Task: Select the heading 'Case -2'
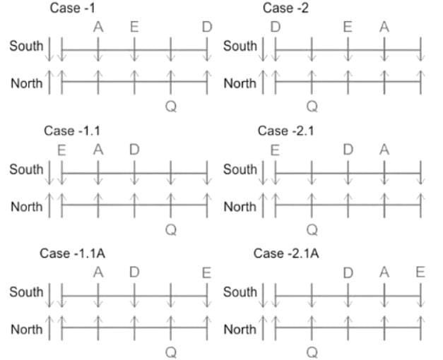point(285,8)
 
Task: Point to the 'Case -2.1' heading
point(282,131)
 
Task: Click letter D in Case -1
point(206,28)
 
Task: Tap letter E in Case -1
point(134,28)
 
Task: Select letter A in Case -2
point(384,28)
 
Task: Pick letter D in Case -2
point(275,28)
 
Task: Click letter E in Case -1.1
point(61,150)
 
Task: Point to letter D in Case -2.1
point(348,150)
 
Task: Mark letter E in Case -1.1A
point(206,272)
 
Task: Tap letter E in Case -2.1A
point(420,272)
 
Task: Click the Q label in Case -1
point(170,107)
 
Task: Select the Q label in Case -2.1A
point(312,352)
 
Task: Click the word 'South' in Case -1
point(26,47)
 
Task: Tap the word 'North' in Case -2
point(240,83)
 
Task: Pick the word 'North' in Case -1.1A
point(26,329)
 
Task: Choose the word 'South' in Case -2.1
point(240,169)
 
